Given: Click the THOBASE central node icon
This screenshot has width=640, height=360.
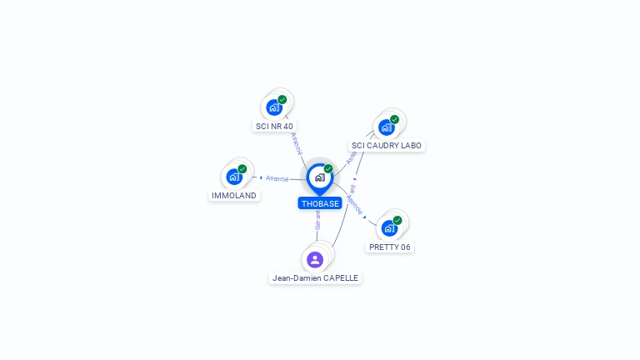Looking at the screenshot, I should [x=319, y=177].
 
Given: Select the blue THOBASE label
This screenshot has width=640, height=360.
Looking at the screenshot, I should [x=320, y=203].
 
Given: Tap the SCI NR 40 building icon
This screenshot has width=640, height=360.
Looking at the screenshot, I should [x=274, y=107].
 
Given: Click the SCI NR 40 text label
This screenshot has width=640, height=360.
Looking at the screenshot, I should [x=274, y=127].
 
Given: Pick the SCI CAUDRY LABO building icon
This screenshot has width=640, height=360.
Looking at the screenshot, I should [x=386, y=127].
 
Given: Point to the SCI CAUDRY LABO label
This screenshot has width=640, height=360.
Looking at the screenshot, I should [x=387, y=146].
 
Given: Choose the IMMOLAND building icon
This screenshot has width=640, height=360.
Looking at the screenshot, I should [x=234, y=177].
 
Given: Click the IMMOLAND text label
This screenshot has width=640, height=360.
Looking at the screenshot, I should [x=234, y=196].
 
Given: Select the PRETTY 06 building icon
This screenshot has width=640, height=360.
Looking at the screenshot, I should [x=389, y=227].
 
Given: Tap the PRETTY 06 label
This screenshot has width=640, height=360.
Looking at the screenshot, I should [x=389, y=247].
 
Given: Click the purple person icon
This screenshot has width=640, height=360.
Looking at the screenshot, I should [x=315, y=259].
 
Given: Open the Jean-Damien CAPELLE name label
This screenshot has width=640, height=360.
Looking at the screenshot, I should [x=315, y=278].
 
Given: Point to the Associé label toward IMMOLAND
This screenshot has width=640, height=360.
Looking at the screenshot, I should [x=277, y=178].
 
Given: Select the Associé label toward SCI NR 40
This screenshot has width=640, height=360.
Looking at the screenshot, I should [x=296, y=143].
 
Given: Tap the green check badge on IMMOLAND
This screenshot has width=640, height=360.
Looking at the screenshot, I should [x=242, y=169].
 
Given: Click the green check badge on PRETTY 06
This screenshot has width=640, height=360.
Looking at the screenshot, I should [x=397, y=220].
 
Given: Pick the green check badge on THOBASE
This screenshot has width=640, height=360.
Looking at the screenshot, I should [x=328, y=169].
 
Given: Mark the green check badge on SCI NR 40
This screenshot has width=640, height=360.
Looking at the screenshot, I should [x=282, y=99].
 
